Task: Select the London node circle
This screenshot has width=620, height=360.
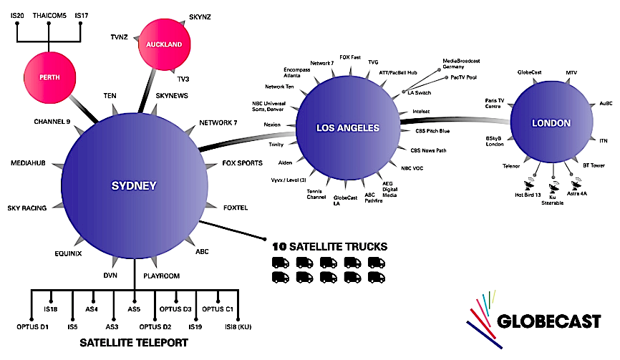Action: pyautogui.click(x=551, y=123)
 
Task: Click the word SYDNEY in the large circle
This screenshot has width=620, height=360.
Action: pyautogui.click(x=134, y=186)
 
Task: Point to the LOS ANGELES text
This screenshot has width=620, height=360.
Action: pyautogui.click(x=348, y=127)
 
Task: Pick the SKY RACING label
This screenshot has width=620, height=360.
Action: pyautogui.click(x=27, y=208)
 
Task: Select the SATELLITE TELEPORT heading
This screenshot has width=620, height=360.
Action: pyautogui.click(x=134, y=343)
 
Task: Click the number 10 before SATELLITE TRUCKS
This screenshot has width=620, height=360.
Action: pyautogui.click(x=279, y=247)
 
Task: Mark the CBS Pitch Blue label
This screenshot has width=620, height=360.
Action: pyautogui.click(x=432, y=131)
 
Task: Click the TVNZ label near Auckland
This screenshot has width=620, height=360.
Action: pyautogui.click(x=120, y=37)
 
